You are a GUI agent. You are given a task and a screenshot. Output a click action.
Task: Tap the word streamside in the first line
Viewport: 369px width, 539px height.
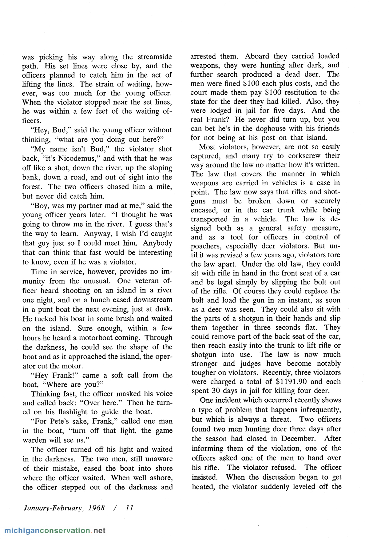155,57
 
